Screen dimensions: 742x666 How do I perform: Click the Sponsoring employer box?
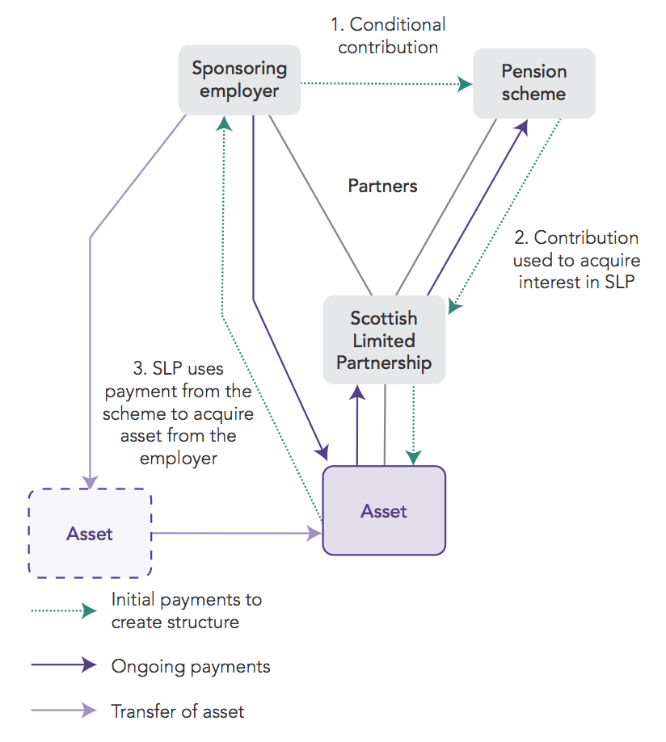(x=239, y=80)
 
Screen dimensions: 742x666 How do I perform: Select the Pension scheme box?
(x=533, y=82)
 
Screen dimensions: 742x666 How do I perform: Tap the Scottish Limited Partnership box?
(x=384, y=340)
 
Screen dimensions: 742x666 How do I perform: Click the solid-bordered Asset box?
(x=384, y=511)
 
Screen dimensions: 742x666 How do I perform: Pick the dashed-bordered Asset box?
(x=90, y=533)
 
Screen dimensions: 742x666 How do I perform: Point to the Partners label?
(x=382, y=187)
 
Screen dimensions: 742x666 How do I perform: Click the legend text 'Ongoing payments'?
(x=191, y=667)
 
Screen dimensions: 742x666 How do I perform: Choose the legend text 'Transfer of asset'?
(x=178, y=711)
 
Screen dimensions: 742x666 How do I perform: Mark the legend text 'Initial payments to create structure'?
(x=187, y=611)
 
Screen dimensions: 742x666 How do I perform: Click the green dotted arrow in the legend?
(x=64, y=611)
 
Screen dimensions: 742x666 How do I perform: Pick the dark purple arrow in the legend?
(x=64, y=666)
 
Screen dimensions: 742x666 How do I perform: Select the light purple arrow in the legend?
(x=64, y=711)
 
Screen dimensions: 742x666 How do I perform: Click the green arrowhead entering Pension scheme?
(x=466, y=83)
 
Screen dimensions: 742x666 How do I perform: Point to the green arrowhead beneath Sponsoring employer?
(x=223, y=122)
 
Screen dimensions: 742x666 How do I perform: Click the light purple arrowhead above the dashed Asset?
(x=90, y=480)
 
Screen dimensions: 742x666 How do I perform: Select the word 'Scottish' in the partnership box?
(x=384, y=317)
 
